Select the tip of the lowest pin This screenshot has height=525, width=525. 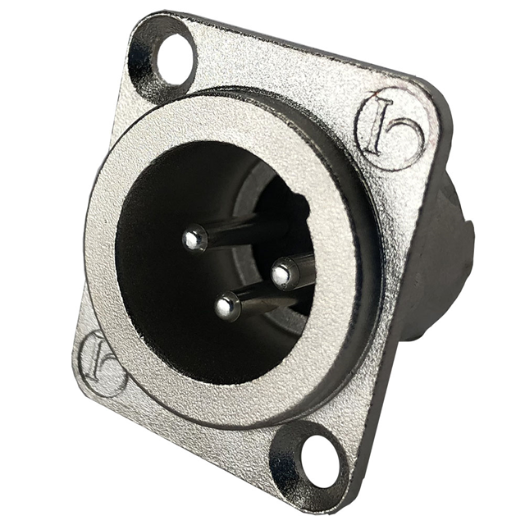226,307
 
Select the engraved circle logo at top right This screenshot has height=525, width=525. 392,130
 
